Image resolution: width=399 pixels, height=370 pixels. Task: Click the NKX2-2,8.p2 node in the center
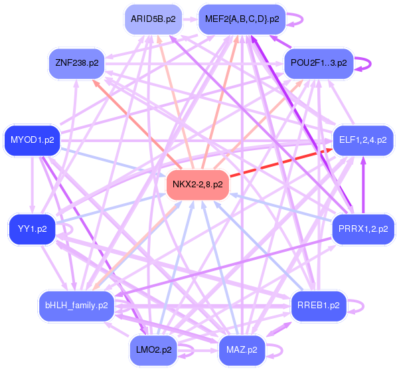[197, 184]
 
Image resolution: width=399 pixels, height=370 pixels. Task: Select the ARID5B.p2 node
[153, 19]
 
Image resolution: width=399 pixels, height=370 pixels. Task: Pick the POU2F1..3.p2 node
[319, 63]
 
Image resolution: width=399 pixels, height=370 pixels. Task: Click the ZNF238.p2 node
[77, 63]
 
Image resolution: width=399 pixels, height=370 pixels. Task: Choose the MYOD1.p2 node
[33, 139]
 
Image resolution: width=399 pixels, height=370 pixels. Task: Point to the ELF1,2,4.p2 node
[362, 139]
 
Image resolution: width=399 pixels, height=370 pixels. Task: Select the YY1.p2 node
[32, 229]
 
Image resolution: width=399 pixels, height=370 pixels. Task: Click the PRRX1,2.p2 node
[363, 229]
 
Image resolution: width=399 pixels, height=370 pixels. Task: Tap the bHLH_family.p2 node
[76, 305]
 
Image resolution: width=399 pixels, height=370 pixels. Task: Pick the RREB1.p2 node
[319, 305]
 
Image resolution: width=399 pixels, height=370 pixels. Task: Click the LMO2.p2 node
[153, 349]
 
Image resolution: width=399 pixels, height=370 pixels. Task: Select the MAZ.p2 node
[242, 349]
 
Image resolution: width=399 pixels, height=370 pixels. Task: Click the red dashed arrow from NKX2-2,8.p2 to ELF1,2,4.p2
[279, 163]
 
